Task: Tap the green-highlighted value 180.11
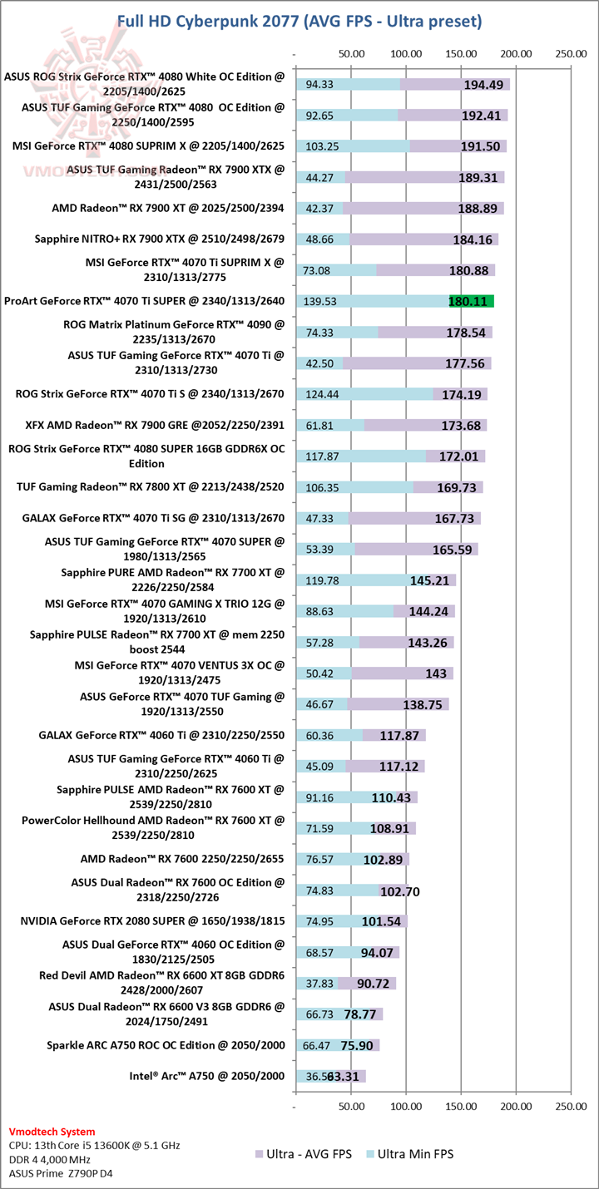click(x=472, y=301)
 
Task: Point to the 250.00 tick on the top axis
click(x=571, y=54)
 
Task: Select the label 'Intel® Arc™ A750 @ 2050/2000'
click(x=206, y=1076)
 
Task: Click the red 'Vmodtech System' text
click(x=52, y=1132)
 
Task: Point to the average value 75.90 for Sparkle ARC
click(x=360, y=1045)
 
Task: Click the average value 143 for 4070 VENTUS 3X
click(x=435, y=673)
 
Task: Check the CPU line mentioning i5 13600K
click(x=94, y=1145)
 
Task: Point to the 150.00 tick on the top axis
click(x=461, y=54)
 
